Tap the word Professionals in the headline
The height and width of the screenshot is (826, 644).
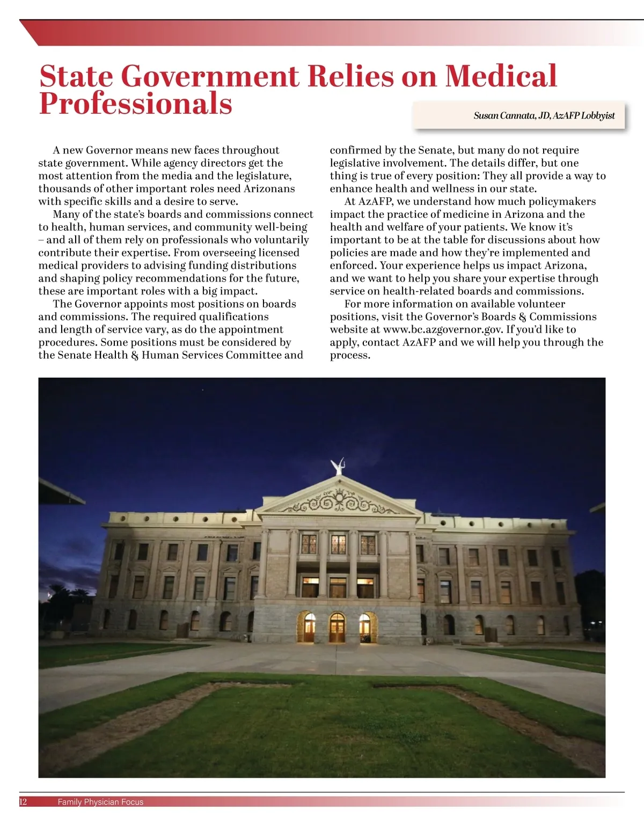[135, 104]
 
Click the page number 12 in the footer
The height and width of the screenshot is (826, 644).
[23, 802]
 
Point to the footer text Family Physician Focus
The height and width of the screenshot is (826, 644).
[100, 802]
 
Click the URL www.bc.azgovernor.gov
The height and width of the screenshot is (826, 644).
[443, 329]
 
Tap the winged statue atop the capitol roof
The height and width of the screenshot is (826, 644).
[338, 466]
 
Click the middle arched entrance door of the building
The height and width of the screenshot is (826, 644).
[337, 627]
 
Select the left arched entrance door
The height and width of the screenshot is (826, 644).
[310, 627]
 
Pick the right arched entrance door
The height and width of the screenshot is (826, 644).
[365, 627]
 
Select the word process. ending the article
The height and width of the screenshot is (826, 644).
[350, 355]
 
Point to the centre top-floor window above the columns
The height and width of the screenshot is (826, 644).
[339, 544]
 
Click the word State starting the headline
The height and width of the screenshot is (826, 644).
[76, 76]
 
